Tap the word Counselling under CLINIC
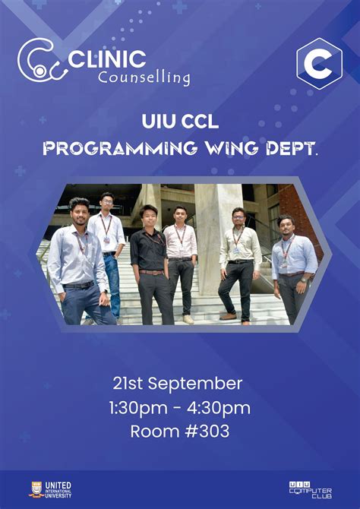coord(144,77)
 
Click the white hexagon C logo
coord(318,64)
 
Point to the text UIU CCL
coord(179,121)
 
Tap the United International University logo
coord(51,488)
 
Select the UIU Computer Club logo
coord(310,488)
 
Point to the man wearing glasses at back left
coord(106,243)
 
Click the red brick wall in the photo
coord(292,201)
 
